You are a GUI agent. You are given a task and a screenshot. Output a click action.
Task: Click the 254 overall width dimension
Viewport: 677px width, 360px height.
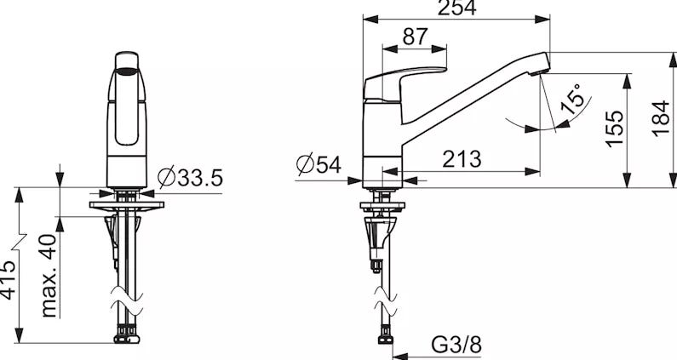point(456,8)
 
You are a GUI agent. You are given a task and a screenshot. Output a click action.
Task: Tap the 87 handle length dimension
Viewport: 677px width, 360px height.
point(415,37)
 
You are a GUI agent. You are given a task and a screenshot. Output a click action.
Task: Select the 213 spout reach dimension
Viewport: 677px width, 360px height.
point(462,159)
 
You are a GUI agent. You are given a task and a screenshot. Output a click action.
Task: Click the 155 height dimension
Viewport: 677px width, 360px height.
point(614,129)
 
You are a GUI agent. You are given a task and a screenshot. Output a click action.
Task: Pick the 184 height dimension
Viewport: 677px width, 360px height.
point(661,119)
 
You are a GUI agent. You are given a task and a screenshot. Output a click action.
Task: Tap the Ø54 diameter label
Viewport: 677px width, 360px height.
point(318,164)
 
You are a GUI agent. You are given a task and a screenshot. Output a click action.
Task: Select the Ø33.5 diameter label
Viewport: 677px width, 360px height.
point(190,177)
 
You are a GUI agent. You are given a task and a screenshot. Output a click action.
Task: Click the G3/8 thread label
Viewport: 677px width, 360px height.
point(456,345)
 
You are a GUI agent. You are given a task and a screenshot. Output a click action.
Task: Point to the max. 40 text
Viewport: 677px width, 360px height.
point(49,275)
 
